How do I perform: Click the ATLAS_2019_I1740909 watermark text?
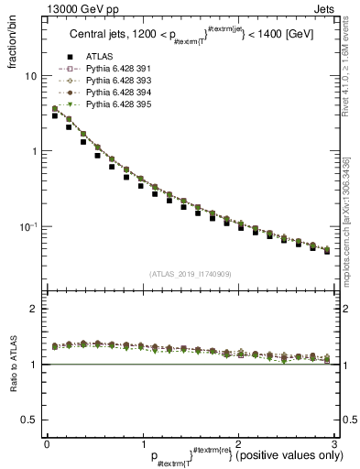(190, 274)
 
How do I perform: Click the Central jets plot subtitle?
(190, 38)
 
